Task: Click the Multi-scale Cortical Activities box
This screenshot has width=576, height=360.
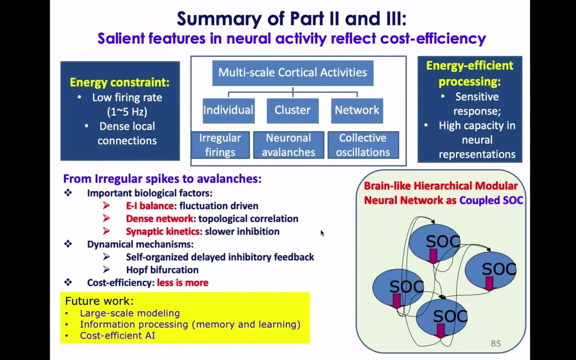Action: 293,73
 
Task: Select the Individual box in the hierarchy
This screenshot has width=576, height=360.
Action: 228,110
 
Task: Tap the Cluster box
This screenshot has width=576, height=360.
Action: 292,110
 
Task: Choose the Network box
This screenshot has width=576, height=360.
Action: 357,110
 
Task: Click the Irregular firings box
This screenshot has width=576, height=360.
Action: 220,145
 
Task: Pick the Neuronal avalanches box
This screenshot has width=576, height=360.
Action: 288,145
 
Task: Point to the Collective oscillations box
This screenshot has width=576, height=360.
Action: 363,145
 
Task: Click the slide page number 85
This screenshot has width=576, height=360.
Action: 496,343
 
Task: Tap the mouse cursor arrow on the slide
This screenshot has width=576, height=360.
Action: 322,233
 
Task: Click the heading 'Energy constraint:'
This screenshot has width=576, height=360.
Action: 120,82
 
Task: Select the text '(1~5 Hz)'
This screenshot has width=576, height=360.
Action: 127,112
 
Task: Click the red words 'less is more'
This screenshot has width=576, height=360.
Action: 183,283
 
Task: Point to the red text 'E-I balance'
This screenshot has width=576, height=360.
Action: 150,206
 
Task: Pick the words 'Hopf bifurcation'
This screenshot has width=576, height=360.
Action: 162,270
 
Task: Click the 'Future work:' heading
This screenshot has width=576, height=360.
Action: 99,301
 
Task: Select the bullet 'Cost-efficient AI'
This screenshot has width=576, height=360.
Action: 117,336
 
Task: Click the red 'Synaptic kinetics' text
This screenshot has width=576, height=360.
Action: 163,232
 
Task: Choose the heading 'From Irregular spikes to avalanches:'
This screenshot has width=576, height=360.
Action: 162,179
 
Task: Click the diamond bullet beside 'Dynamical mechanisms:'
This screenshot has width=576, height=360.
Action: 68,244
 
